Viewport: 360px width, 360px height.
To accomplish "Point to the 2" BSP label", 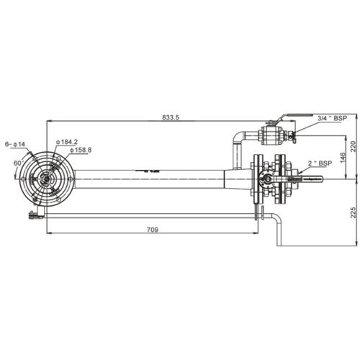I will pos(325,165).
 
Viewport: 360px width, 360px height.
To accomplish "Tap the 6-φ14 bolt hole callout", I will pos(14,144).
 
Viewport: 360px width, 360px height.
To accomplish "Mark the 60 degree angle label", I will pos(16,162).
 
